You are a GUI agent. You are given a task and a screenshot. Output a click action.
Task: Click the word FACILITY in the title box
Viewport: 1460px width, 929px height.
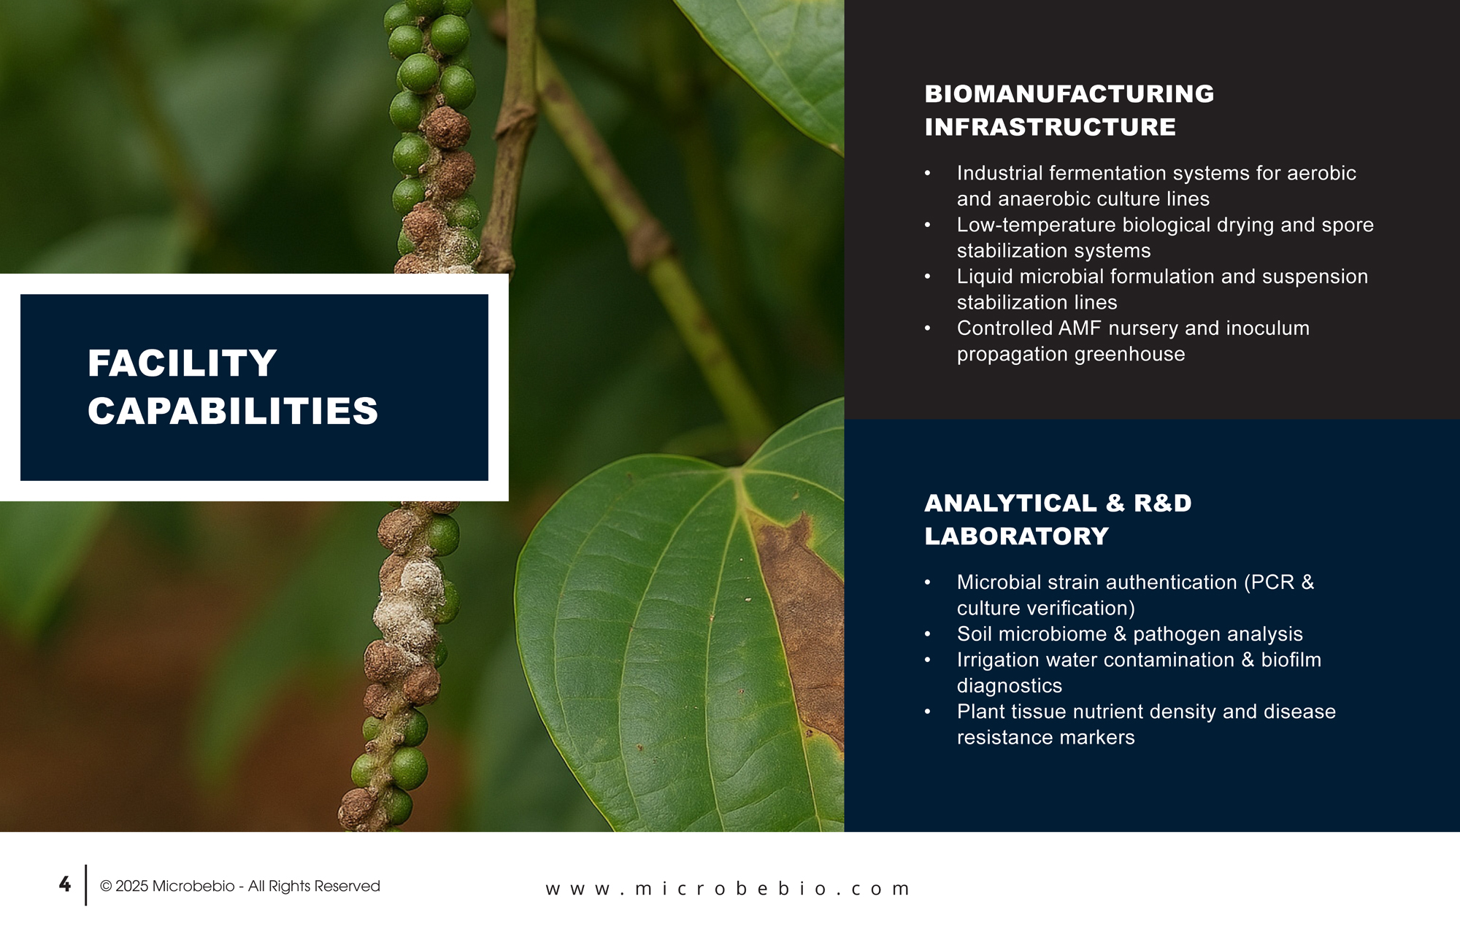click(182, 363)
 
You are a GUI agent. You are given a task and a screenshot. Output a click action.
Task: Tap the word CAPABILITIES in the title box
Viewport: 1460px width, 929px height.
click(233, 411)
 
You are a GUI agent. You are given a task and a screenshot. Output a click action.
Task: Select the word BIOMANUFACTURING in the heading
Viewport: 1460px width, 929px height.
click(1069, 94)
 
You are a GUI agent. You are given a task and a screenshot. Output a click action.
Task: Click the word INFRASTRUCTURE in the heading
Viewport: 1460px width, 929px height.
click(1050, 127)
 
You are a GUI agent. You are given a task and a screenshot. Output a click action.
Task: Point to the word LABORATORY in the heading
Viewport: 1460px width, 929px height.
click(1017, 536)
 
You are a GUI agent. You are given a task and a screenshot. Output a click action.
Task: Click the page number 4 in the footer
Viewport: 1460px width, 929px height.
click(65, 884)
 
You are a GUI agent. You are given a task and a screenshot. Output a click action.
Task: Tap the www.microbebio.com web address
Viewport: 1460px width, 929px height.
click(728, 889)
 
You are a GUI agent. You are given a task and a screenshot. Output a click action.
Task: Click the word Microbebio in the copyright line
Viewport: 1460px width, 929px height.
click(193, 886)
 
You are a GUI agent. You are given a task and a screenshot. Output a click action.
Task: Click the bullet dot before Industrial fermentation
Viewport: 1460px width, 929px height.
click(928, 174)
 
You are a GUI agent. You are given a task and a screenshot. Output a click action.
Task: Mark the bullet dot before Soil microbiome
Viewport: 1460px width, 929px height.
click(928, 634)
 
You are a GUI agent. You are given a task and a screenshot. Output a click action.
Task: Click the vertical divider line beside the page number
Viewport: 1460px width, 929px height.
click(86, 885)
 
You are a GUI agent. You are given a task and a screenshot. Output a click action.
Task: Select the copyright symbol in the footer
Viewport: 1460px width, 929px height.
click(106, 886)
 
